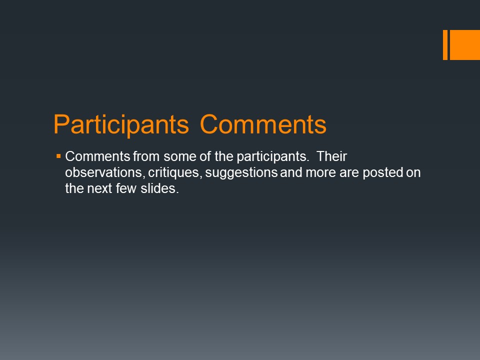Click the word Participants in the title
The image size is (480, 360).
click(121, 125)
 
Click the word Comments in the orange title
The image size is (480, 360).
click(263, 124)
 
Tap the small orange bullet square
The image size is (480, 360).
click(58, 156)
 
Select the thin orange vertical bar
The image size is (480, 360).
click(445, 45)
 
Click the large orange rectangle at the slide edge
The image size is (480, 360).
click(464, 45)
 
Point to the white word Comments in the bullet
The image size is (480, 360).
click(97, 156)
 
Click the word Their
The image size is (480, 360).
click(331, 156)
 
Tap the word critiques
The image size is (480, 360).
click(175, 173)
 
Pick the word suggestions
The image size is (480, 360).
click(241, 173)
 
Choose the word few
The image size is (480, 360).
click(126, 188)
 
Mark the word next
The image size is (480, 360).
click(99, 189)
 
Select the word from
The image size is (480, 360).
click(146, 156)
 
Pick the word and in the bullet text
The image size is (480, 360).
click(291, 172)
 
